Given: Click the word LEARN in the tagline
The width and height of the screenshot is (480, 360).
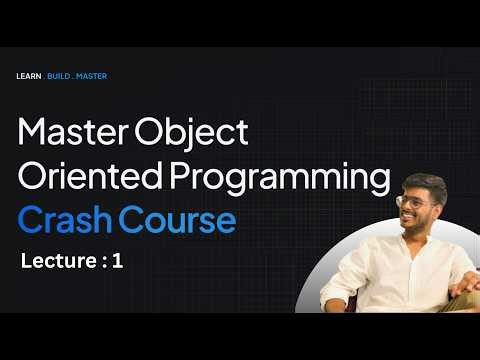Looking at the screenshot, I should (29, 76).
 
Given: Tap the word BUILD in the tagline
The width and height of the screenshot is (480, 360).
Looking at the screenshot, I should (64, 76).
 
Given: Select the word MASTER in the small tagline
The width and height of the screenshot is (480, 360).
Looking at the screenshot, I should (95, 76).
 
